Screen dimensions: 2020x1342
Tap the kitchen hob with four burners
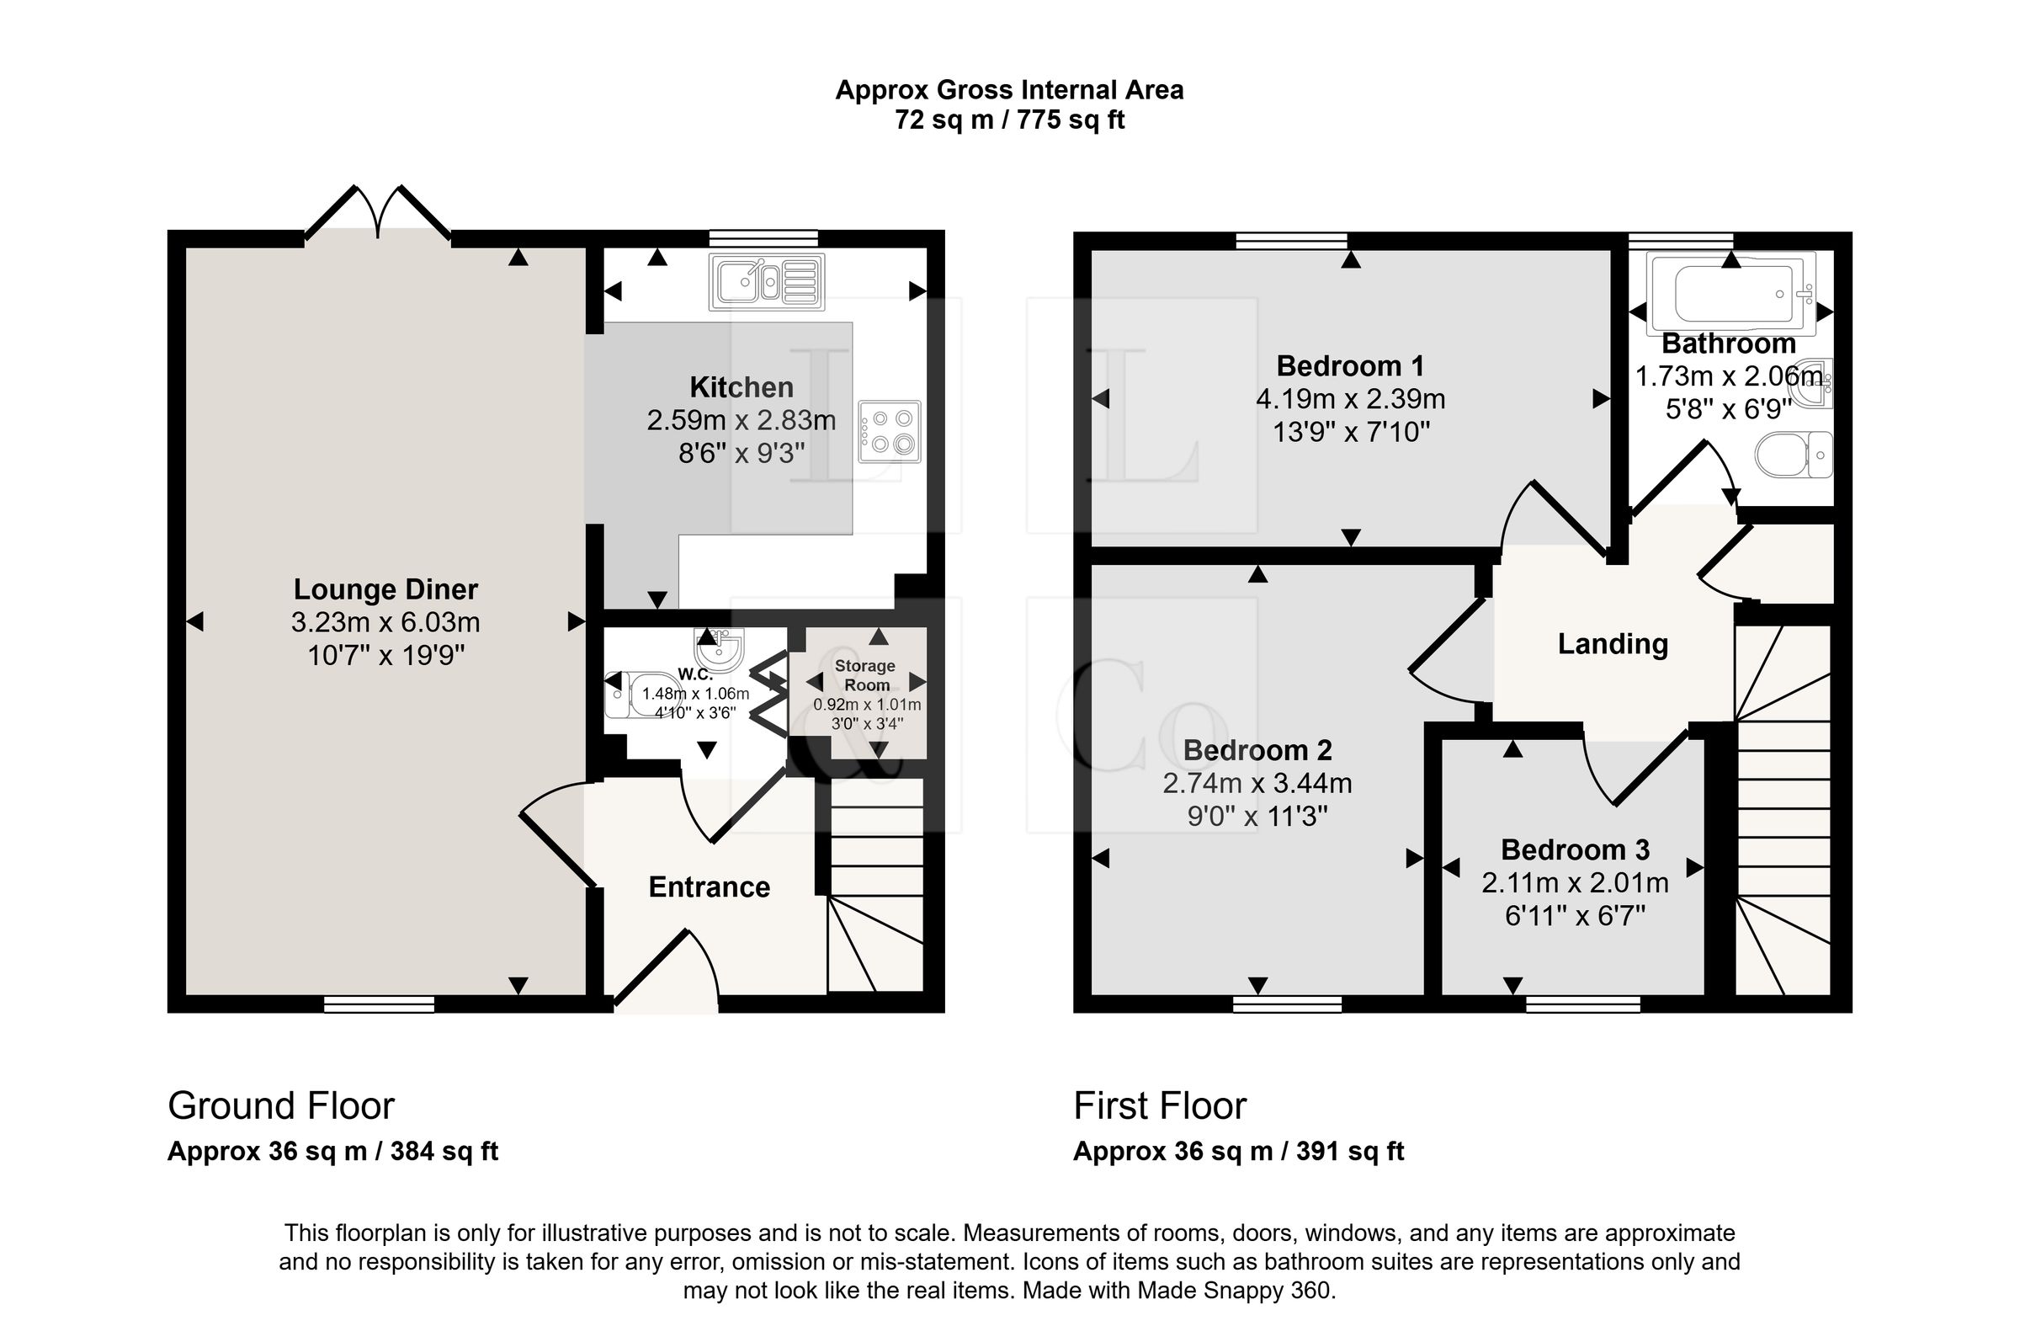coord(890,431)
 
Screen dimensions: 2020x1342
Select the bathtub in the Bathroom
coord(1732,292)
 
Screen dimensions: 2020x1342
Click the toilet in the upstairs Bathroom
coord(1794,455)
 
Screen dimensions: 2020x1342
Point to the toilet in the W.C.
coord(643,694)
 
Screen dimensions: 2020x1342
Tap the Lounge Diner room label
coord(385,588)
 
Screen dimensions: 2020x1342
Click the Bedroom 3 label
coord(1575,849)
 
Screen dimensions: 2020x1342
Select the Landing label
coord(1613,644)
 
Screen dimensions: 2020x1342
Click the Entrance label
coord(710,887)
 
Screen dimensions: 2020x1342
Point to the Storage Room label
coord(866,675)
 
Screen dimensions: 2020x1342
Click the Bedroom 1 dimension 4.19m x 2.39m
coord(1351,399)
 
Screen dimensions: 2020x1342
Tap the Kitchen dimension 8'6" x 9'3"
coord(742,453)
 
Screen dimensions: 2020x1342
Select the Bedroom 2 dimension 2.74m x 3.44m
coord(1257,783)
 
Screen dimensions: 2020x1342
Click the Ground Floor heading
coord(280,1105)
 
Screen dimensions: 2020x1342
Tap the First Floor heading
coord(1159,1105)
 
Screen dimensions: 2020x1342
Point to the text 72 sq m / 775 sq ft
coord(1009,120)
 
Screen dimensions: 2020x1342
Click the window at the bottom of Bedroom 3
coord(1583,1004)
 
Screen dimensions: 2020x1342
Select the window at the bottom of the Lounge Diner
coord(379,1004)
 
